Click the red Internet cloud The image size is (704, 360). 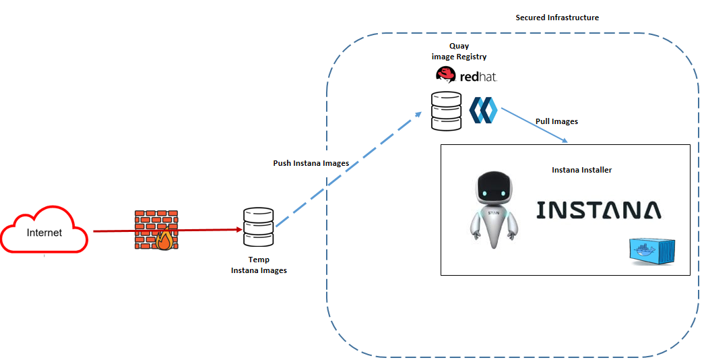[x=44, y=232]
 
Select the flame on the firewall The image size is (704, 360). [x=164, y=240]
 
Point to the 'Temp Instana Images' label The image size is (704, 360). [x=259, y=265]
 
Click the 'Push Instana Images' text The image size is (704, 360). [x=311, y=163]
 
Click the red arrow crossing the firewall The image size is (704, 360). [x=115, y=231]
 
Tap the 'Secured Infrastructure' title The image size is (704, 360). [x=557, y=17]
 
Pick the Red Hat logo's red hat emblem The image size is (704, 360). [x=445, y=74]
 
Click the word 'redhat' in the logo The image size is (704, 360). [x=478, y=76]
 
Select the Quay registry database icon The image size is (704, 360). [x=447, y=111]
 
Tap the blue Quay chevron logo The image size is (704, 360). [x=483, y=110]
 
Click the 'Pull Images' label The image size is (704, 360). [x=556, y=121]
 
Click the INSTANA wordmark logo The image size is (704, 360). [x=598, y=210]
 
